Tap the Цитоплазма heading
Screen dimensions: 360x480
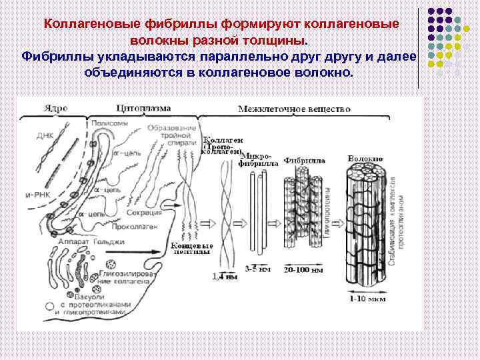tap(143, 107)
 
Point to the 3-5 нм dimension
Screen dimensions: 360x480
tap(255, 270)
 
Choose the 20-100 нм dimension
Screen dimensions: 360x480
tap(303, 271)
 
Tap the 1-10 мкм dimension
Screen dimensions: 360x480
tap(366, 299)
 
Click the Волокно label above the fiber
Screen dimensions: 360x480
tap(365, 159)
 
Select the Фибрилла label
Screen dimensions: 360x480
tap(305, 161)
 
